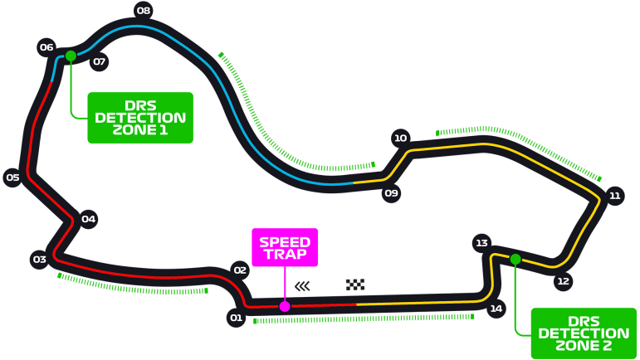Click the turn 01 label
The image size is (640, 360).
pyautogui.click(x=237, y=318)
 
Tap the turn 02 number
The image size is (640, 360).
pyautogui.click(x=240, y=270)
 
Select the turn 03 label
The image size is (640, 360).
pyautogui.click(x=40, y=260)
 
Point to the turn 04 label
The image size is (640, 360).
pyautogui.click(x=89, y=219)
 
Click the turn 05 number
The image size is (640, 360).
pyautogui.click(x=12, y=178)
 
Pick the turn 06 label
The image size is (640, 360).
pyautogui.click(x=46, y=47)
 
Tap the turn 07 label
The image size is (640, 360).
pyautogui.click(x=99, y=61)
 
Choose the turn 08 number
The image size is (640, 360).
pyautogui.click(x=144, y=11)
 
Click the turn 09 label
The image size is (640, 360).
pyautogui.click(x=391, y=193)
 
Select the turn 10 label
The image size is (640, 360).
pyautogui.click(x=401, y=139)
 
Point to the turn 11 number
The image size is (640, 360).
pyautogui.click(x=615, y=196)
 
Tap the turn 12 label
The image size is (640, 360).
pyautogui.click(x=564, y=281)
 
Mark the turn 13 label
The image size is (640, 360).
pyautogui.click(x=481, y=243)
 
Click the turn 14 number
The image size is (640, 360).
pyautogui.click(x=496, y=309)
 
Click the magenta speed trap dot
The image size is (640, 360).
pyautogui.click(x=285, y=306)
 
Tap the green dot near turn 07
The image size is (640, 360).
pyautogui.click(x=71, y=56)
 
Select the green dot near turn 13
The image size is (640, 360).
pyautogui.click(x=515, y=259)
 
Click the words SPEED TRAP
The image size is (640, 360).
pyautogui.click(x=285, y=248)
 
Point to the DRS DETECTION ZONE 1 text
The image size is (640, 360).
pyautogui.click(x=140, y=118)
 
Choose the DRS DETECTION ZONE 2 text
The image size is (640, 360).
pyautogui.click(x=584, y=333)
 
